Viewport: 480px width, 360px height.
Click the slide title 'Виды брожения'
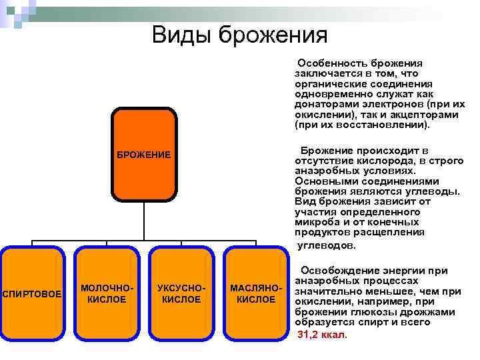pyautogui.click(x=239, y=33)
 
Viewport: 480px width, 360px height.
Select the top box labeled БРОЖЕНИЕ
pyautogui.click(x=144, y=155)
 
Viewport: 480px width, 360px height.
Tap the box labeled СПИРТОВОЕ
pyautogui.click(x=33, y=294)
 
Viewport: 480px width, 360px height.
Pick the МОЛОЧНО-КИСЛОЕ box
pyautogui.click(x=107, y=294)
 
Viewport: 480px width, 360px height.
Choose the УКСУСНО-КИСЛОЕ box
pyautogui.click(x=181, y=294)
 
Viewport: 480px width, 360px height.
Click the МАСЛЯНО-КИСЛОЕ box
pyautogui.click(x=256, y=294)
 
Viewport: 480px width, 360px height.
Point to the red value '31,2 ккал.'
pyautogui.click(x=322, y=335)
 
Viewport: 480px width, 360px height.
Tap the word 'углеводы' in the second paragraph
pyautogui.click(x=432, y=191)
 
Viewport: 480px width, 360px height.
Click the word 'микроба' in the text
pyautogui.click(x=315, y=222)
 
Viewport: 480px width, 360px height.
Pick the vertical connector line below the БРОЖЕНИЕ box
pyautogui.click(x=145, y=221)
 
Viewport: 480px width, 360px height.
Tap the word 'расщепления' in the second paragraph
pyautogui.click(x=390, y=233)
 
